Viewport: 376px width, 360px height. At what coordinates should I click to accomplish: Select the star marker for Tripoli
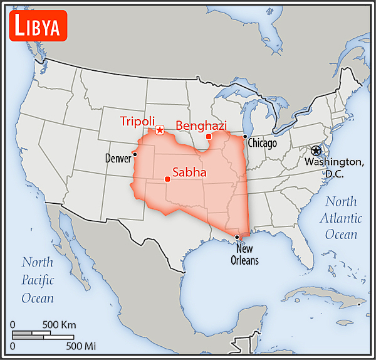160,130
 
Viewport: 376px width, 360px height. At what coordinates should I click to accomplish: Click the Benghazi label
201,125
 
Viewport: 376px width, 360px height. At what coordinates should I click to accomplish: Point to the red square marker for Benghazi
209,136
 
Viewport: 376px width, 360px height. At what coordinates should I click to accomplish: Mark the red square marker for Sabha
167,179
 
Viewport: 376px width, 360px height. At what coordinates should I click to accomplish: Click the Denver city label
118,158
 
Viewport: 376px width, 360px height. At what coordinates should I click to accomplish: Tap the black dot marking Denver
135,154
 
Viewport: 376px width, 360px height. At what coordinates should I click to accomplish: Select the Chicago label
262,144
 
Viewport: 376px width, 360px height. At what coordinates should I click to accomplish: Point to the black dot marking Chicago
245,137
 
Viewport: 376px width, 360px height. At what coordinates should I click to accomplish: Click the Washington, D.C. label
334,167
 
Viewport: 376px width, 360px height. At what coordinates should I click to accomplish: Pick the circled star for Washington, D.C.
316,151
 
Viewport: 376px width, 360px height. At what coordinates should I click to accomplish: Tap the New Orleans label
244,255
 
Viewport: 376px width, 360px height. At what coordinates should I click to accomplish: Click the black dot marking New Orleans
237,236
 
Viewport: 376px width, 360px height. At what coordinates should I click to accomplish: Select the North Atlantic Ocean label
341,218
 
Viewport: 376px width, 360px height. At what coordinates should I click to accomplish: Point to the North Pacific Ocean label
38,280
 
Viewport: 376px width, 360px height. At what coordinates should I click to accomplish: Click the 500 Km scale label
59,325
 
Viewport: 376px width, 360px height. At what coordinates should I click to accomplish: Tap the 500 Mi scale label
81,345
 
